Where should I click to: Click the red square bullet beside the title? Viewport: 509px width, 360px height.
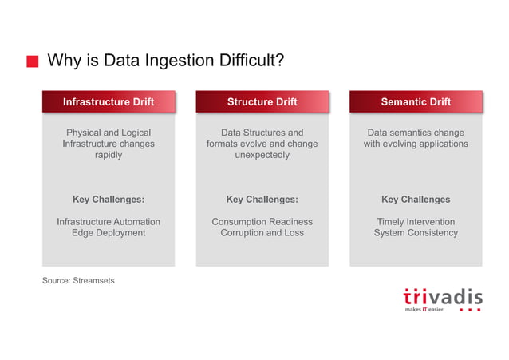tap(32, 62)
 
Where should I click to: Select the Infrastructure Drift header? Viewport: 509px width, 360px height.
tap(109, 102)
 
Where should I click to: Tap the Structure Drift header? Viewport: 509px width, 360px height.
tap(262, 102)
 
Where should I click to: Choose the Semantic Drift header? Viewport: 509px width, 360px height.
tap(416, 102)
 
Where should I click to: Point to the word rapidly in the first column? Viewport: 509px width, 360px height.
tap(109, 156)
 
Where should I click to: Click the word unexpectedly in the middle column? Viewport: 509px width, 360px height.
tap(262, 156)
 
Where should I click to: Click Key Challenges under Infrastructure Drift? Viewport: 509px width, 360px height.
tap(109, 200)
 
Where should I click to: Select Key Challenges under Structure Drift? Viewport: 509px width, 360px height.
tap(262, 200)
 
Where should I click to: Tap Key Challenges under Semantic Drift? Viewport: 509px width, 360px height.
tap(416, 200)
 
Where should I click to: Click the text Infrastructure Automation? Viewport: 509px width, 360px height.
tap(109, 222)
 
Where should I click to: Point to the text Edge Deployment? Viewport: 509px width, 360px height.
tap(109, 233)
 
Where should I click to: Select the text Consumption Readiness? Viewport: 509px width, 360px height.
tap(262, 222)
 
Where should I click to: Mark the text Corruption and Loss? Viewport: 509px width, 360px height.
tap(262, 233)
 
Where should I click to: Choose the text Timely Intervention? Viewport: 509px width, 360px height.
tap(416, 222)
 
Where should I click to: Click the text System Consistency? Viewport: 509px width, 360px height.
tap(416, 233)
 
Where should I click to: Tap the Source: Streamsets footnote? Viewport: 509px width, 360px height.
tap(78, 280)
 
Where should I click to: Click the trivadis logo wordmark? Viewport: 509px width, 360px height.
tap(442, 296)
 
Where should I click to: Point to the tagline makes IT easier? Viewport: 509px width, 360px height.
tap(424, 309)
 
